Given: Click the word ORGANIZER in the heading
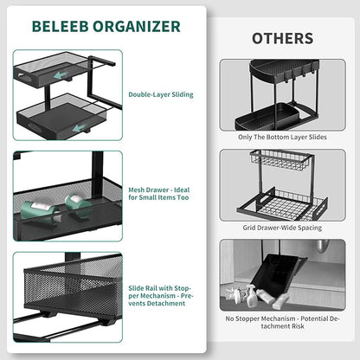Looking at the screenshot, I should pos(138,25).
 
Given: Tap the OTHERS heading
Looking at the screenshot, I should pos(281,38).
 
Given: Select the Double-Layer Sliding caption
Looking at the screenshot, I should pos(161,94).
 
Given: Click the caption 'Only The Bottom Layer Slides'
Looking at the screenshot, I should pos(282,137).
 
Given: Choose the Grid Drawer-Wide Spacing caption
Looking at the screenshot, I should pos(282,227).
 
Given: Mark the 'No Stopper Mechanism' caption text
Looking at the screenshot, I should pos(282,323).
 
